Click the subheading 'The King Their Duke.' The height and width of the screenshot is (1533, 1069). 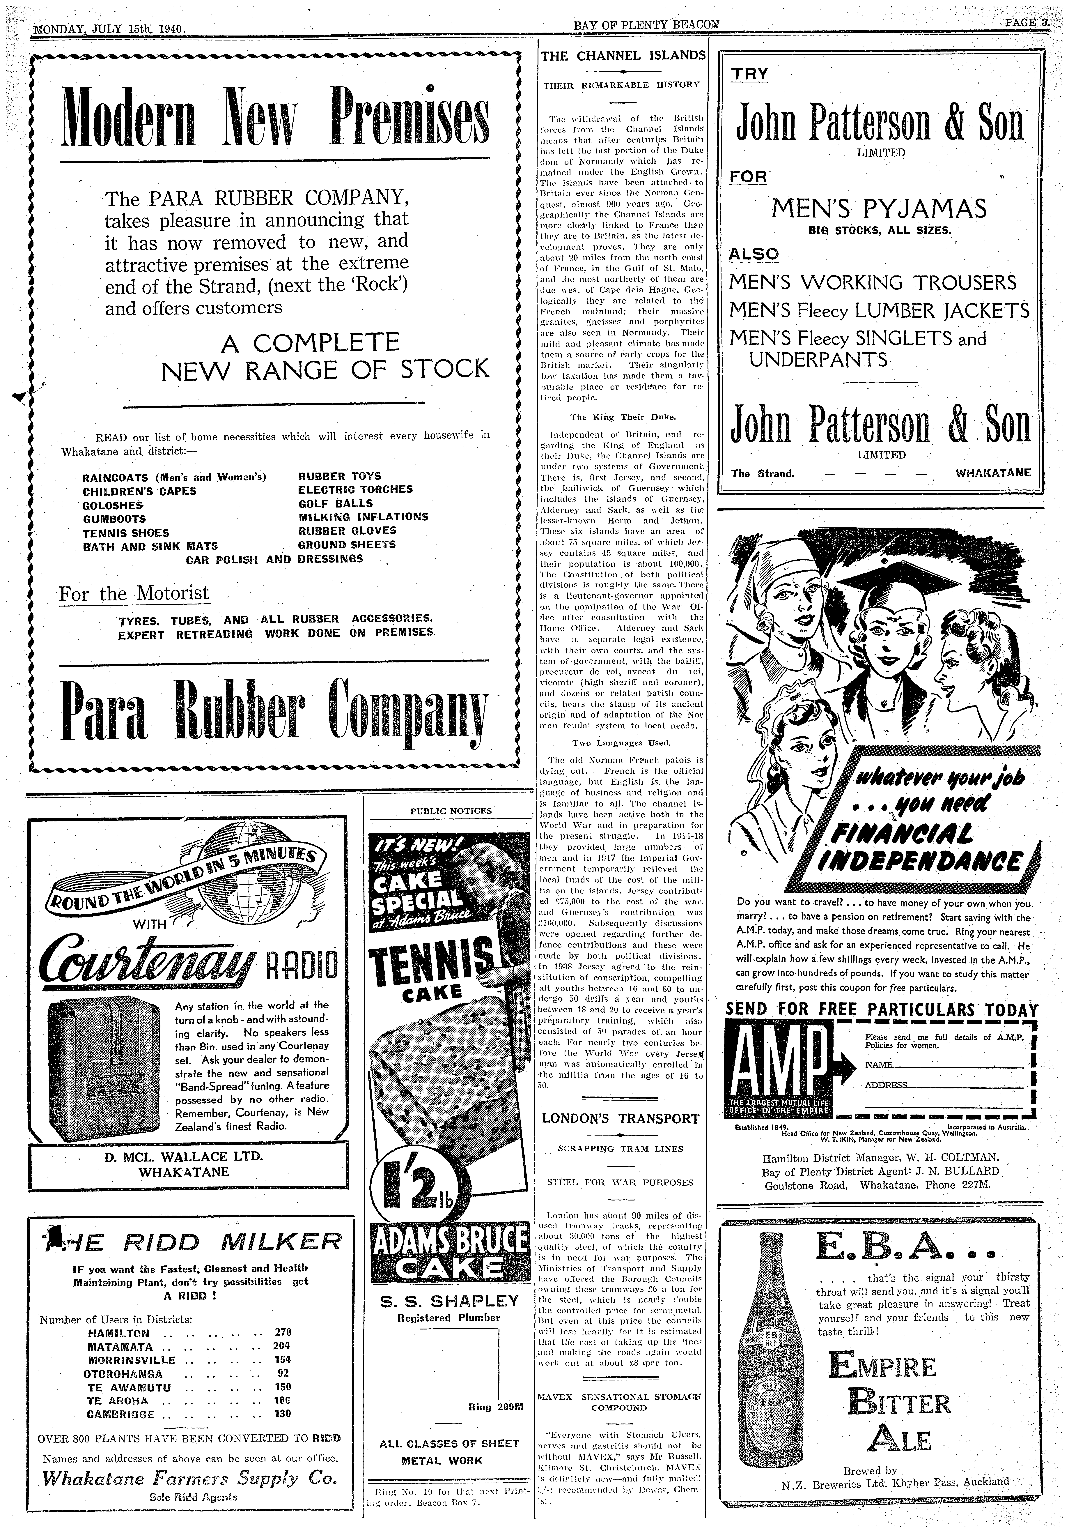pyautogui.click(x=622, y=417)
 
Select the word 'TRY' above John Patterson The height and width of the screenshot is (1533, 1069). pyautogui.click(x=750, y=74)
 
